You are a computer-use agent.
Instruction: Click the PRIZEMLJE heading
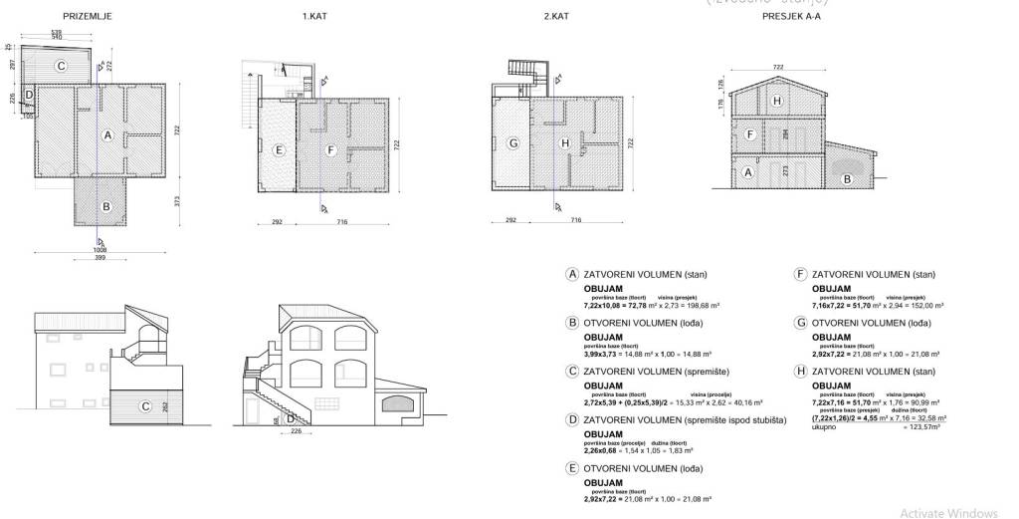[x=87, y=17]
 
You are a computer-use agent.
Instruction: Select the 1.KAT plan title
[x=315, y=17]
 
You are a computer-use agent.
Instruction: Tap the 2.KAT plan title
[x=555, y=17]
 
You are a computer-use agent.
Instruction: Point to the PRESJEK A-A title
[x=791, y=17]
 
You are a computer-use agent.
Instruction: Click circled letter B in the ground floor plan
[x=106, y=208]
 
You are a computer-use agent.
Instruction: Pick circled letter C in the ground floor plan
[x=61, y=67]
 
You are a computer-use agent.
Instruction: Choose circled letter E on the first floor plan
[x=280, y=150]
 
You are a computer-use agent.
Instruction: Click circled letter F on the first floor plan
[x=331, y=150]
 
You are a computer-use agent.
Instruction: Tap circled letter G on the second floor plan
[x=513, y=142]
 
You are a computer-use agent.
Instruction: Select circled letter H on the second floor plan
[x=565, y=143]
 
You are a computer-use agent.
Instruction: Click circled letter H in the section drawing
[x=778, y=101]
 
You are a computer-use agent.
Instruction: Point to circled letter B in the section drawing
[x=847, y=179]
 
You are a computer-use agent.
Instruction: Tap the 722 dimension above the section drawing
[x=777, y=67]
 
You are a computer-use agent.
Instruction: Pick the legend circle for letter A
[x=571, y=274]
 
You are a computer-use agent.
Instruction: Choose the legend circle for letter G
[x=799, y=323]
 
